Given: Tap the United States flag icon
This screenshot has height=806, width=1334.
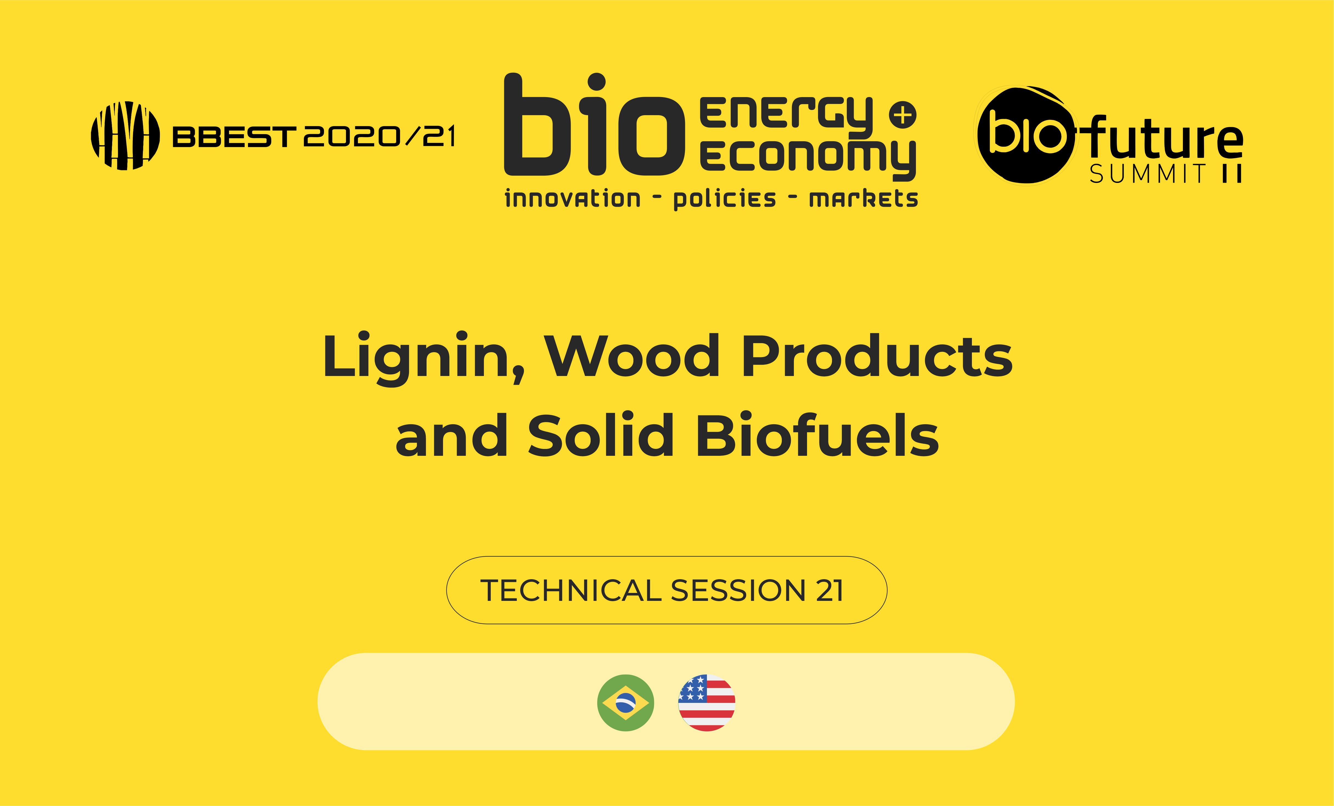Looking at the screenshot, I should click(x=707, y=703).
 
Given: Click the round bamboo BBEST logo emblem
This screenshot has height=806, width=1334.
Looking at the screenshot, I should click(x=125, y=135).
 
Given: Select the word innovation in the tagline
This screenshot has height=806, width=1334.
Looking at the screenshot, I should click(x=572, y=199).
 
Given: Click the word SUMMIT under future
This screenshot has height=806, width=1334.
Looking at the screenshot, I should click(x=1148, y=174).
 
